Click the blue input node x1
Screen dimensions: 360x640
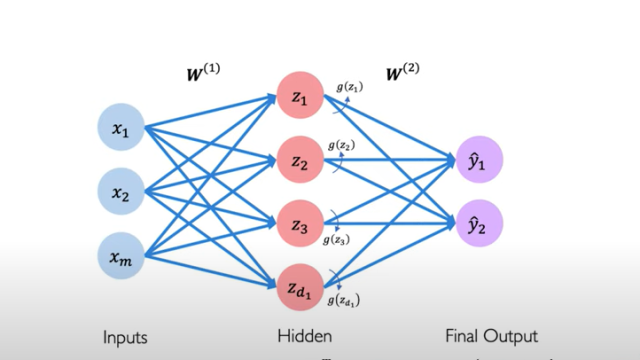click(121, 127)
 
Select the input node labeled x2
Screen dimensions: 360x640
click(121, 191)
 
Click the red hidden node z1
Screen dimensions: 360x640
click(300, 95)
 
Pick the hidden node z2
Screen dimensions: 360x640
click(300, 159)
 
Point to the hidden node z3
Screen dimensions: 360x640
click(300, 223)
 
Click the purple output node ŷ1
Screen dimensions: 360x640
click(479, 159)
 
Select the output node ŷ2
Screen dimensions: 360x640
click(479, 223)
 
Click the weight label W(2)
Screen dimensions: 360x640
click(402, 72)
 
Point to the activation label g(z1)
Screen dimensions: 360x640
click(349, 86)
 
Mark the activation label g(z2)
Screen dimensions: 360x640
click(341, 145)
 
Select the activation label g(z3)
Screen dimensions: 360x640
click(336, 239)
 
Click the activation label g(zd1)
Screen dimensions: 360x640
click(343, 300)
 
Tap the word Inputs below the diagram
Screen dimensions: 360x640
click(125, 337)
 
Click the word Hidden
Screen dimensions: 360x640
click(304, 335)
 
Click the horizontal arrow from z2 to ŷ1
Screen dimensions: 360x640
click(390, 160)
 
